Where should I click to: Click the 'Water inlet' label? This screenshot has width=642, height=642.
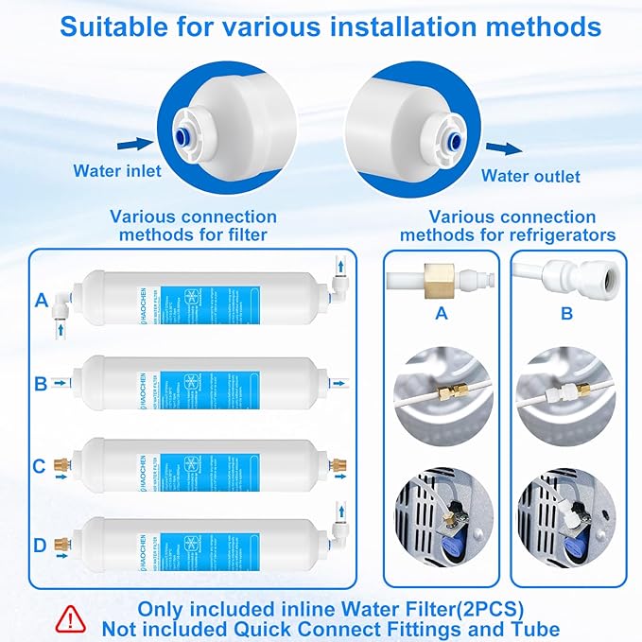pos(117,171)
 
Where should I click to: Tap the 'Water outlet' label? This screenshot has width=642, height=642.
pos(530,176)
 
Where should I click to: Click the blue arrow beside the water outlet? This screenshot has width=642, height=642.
pos(509,147)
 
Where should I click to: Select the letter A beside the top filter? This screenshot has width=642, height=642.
pos(42,301)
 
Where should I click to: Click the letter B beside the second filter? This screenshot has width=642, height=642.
pos(42,383)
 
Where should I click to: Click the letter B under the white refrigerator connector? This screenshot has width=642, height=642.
pos(566,314)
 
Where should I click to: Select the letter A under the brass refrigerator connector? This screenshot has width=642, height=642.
pos(440,314)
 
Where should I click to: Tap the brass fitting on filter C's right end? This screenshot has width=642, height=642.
pos(338,464)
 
